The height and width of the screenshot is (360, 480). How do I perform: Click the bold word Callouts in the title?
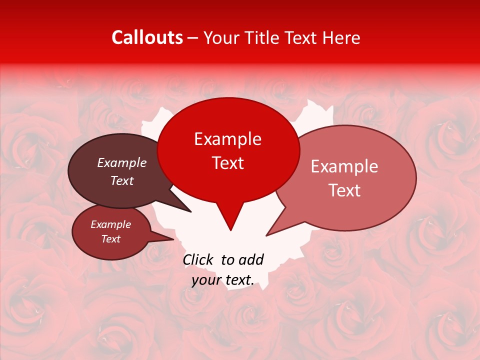click(147, 37)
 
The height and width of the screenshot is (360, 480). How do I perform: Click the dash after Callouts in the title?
click(193, 38)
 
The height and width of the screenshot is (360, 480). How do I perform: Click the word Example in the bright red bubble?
click(227, 139)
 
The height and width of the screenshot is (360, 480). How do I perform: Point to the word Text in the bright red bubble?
click(227, 163)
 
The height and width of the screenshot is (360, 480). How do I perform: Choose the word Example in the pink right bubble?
click(344, 166)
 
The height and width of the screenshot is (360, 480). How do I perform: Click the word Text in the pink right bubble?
click(344, 190)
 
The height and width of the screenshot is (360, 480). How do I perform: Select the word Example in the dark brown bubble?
click(121, 162)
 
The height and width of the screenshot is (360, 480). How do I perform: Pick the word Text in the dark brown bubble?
click(121, 180)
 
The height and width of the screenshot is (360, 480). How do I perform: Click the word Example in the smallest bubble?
click(110, 224)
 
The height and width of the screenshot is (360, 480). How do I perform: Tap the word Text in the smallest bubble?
click(110, 239)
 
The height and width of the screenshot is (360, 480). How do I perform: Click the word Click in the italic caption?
click(198, 259)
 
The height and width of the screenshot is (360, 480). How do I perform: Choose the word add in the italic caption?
click(251, 259)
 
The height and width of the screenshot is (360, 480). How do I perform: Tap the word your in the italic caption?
click(206, 280)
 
